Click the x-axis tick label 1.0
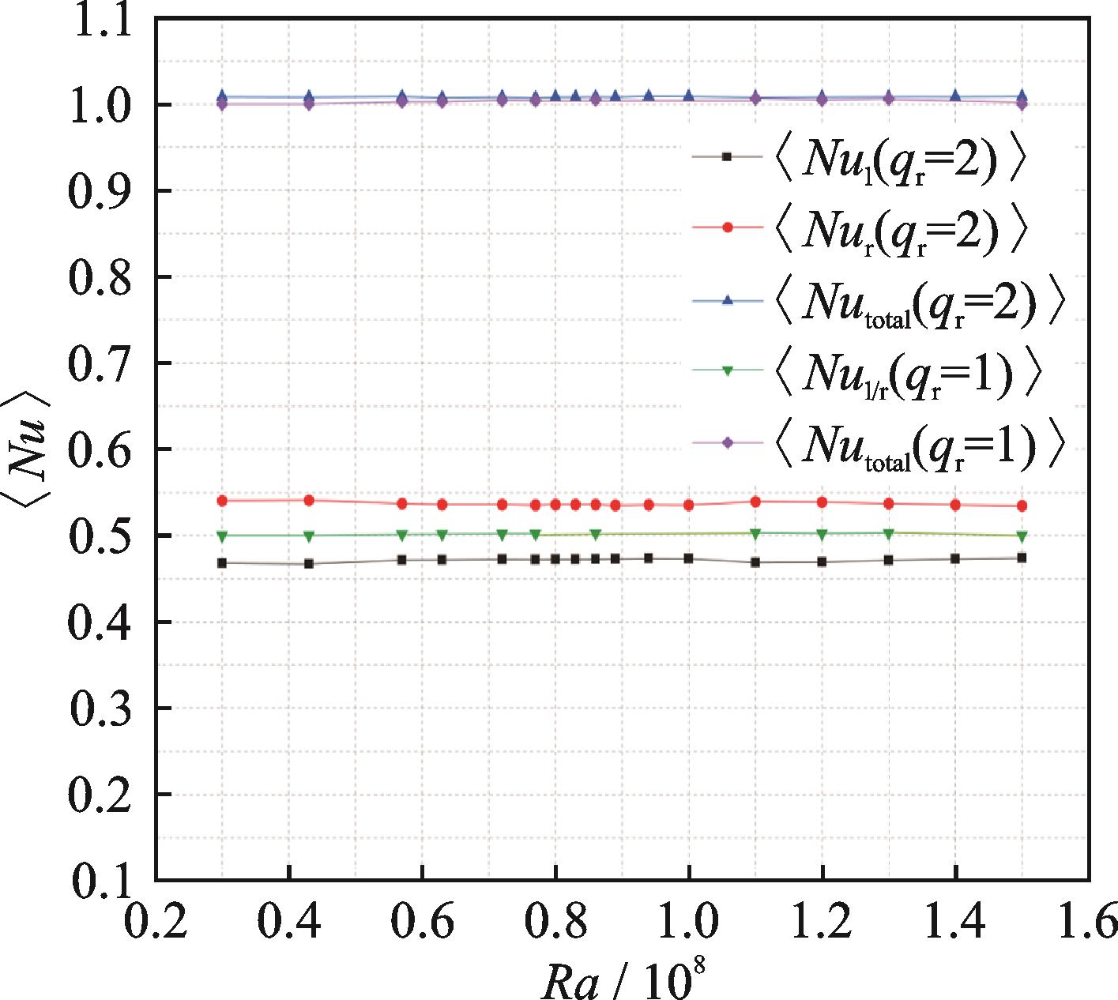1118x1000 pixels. [688, 921]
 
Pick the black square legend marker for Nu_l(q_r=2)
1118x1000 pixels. [728, 156]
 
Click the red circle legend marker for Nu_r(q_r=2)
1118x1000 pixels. [728, 227]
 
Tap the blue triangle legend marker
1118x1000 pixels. [728, 300]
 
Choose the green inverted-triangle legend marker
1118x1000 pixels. [728, 370]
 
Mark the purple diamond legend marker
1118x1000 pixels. [728, 443]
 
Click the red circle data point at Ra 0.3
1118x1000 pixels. [222, 501]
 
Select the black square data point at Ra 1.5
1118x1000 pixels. [1022, 558]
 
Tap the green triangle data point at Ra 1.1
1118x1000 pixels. [755, 534]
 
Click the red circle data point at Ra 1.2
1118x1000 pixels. [822, 502]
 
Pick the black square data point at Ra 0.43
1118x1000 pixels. [309, 564]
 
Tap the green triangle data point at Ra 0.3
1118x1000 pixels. [222, 536]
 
